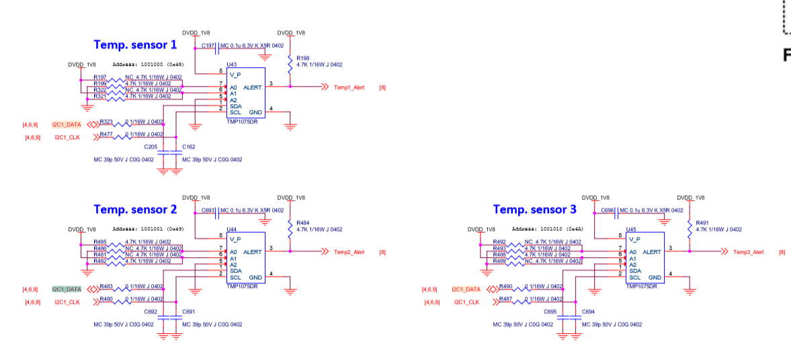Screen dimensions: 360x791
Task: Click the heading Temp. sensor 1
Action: click(x=135, y=45)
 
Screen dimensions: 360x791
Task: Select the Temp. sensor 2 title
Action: click(x=135, y=210)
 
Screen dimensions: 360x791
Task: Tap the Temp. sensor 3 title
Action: click(x=534, y=210)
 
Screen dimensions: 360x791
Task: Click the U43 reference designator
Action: click(x=232, y=64)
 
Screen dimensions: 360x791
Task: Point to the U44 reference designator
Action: click(x=232, y=229)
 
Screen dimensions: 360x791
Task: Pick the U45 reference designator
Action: click(x=631, y=229)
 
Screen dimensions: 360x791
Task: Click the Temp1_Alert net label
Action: click(x=349, y=87)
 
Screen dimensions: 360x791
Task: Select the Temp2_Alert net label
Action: click(x=349, y=252)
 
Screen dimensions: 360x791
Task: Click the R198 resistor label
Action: click(x=302, y=58)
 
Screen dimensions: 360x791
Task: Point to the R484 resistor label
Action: click(x=302, y=223)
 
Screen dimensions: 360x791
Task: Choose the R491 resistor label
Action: click(x=702, y=223)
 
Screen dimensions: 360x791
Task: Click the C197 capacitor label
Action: click(x=208, y=46)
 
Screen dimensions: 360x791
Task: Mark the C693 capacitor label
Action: click(x=208, y=210)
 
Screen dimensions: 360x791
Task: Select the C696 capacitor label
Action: click(x=608, y=210)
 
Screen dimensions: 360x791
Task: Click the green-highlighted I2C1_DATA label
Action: click(x=67, y=289)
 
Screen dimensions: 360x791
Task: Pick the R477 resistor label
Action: click(x=106, y=134)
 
